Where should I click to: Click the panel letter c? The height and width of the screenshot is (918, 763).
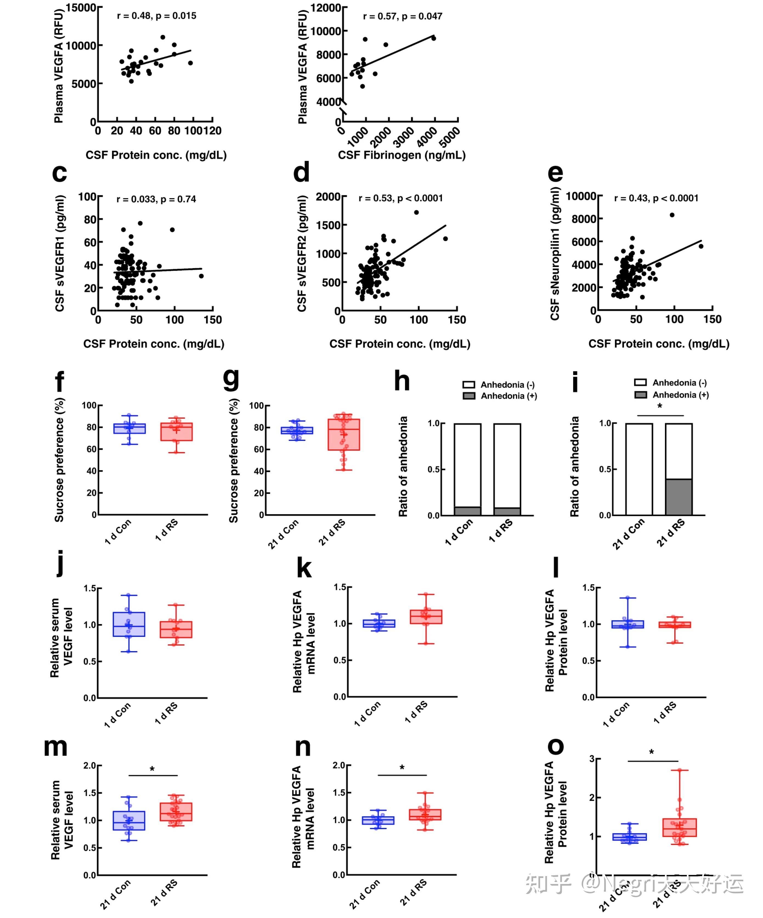(x=60, y=174)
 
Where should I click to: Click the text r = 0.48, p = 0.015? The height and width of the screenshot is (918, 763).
(x=156, y=16)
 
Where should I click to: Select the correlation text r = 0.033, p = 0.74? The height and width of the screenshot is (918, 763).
(x=156, y=199)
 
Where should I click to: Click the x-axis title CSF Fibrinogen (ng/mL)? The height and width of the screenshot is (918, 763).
(x=402, y=155)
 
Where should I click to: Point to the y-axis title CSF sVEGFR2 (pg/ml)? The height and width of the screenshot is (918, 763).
(x=301, y=253)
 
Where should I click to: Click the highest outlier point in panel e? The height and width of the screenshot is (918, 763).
(x=672, y=215)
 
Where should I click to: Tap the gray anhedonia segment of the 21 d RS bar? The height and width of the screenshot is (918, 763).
(x=679, y=497)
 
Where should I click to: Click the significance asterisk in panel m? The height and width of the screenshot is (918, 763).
(x=152, y=769)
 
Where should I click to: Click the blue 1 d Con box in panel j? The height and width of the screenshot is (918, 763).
(x=129, y=624)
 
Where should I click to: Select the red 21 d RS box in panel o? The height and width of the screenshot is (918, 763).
(x=680, y=827)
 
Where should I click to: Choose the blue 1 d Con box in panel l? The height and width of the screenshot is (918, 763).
(x=628, y=624)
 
